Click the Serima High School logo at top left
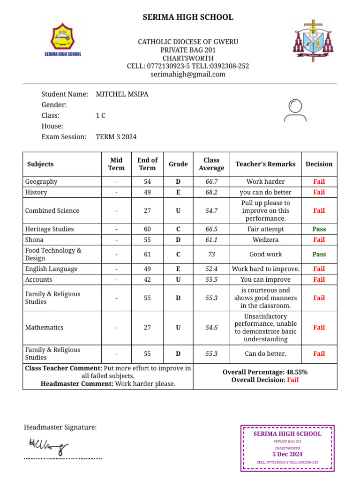(x=63, y=40)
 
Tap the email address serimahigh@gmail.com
(x=188, y=74)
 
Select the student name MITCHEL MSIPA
(x=122, y=94)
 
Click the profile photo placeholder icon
(x=295, y=111)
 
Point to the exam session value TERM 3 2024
(x=116, y=137)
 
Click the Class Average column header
(x=211, y=164)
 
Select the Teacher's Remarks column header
(x=265, y=164)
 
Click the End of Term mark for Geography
(x=147, y=181)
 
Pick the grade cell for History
(x=178, y=192)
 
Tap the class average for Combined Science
(x=211, y=211)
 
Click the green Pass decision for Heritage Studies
(x=319, y=229)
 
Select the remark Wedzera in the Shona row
(x=265, y=240)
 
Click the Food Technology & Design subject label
(x=53, y=255)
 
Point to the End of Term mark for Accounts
(x=147, y=280)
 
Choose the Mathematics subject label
(x=44, y=328)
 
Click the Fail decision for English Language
(x=319, y=269)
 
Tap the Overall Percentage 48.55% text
(x=265, y=372)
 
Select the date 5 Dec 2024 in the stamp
(x=287, y=454)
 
